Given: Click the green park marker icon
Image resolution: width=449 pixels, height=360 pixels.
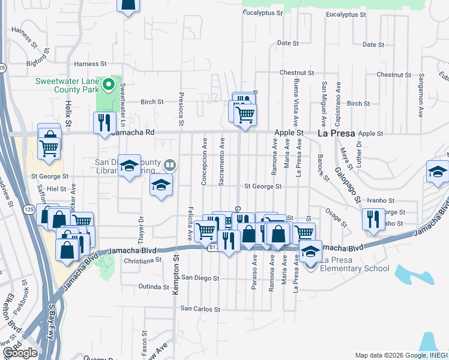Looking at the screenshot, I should coord(109,85).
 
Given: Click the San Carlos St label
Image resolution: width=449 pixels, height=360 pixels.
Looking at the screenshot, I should coord(200,310).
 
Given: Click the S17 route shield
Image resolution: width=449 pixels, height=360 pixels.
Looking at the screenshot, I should coord(213,247).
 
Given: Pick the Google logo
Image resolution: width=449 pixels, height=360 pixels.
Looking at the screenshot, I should coord(20,353).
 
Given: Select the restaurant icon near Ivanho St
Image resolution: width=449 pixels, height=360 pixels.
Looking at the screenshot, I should coord(373,219).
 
